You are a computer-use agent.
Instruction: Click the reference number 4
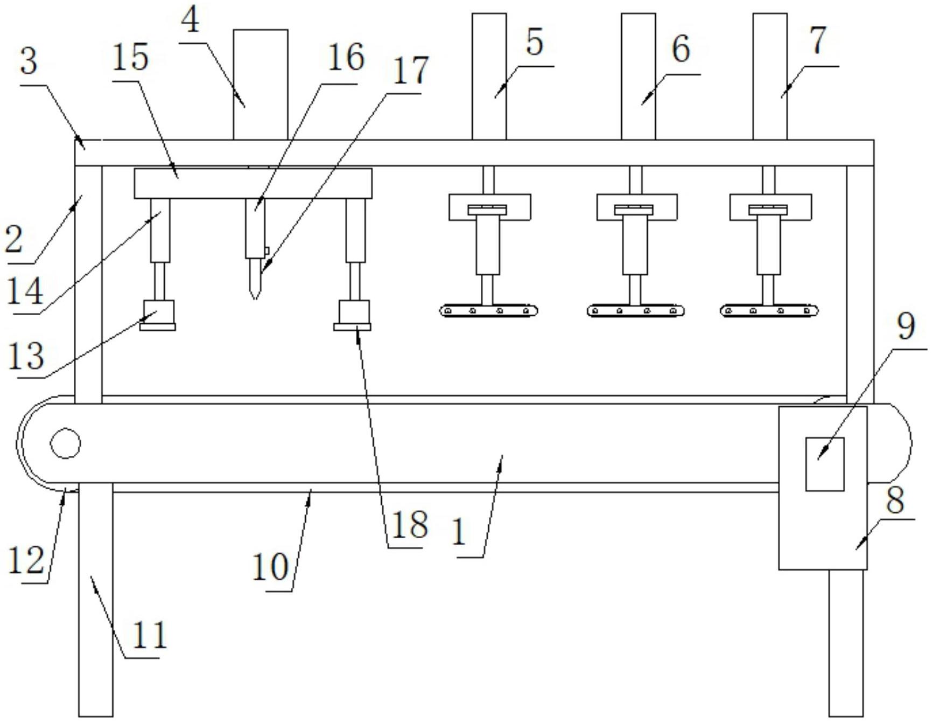(191, 22)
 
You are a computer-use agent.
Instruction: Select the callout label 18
(409, 524)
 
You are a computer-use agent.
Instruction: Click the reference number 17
(410, 71)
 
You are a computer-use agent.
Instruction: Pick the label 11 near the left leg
(149, 635)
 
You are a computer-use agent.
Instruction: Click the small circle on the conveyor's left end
(65, 443)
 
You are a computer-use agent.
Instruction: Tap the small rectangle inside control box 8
(824, 464)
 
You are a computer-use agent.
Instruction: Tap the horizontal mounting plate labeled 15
(252, 183)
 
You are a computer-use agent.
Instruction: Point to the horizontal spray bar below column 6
(635, 311)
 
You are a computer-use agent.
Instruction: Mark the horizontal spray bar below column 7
(769, 311)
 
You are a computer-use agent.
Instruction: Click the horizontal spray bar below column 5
(489, 311)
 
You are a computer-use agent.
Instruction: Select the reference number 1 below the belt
(459, 532)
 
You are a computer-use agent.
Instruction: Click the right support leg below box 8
(846, 641)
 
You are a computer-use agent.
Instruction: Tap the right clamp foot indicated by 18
(353, 326)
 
